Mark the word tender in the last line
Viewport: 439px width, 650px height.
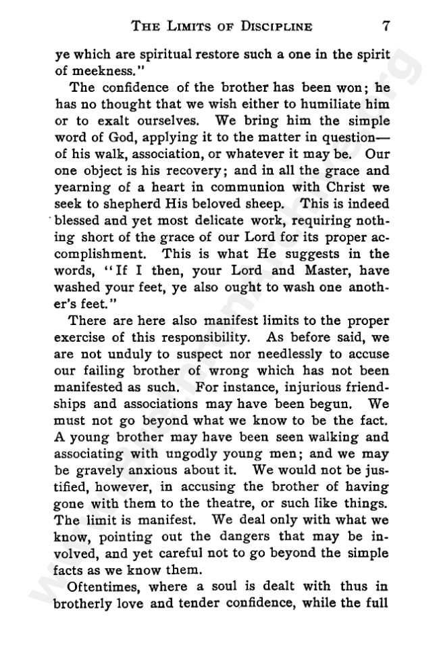tap(215, 601)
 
